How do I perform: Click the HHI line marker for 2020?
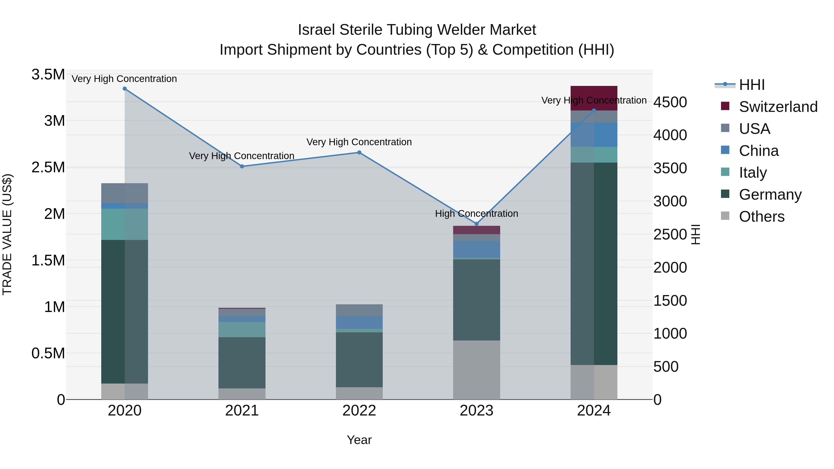pos(125,89)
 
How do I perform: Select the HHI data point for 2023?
pos(476,224)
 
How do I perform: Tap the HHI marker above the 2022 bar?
pos(359,152)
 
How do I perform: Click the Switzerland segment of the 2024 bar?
pos(594,98)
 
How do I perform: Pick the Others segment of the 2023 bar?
pos(476,370)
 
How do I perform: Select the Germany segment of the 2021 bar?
pos(242,362)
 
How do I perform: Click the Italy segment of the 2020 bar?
pos(125,224)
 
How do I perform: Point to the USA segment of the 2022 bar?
pos(359,310)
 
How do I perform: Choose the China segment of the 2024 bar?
pos(594,135)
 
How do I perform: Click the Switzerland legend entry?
pos(778,107)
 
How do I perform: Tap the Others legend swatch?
pos(725,216)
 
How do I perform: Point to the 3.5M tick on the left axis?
pos(48,74)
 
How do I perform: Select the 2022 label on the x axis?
pos(359,411)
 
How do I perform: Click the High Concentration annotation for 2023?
pos(476,214)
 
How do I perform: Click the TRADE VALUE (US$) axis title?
pos(7,234)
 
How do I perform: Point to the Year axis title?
pos(359,440)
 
